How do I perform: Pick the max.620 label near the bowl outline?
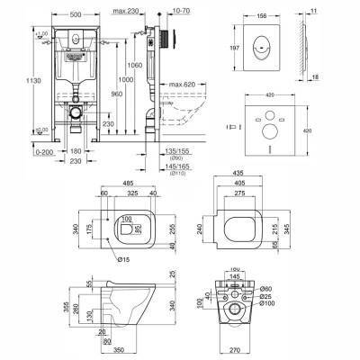182,85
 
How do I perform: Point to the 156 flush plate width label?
261,13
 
